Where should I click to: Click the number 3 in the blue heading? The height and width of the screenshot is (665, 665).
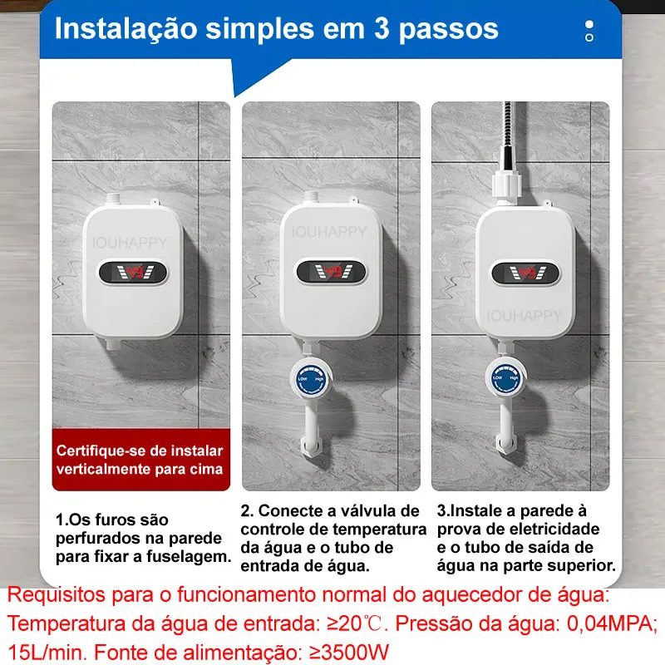382,29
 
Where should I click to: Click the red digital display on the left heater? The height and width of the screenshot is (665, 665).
133,273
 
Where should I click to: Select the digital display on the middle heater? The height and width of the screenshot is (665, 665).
331,272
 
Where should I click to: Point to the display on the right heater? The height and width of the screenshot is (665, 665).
525,273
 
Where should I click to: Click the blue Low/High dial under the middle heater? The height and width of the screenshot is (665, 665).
311,379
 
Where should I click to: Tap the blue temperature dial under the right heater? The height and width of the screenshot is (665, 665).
505,378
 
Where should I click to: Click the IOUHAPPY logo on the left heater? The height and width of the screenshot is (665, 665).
130,243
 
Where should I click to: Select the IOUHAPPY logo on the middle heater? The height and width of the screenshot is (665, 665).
329,232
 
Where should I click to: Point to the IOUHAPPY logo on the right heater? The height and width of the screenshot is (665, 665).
525,316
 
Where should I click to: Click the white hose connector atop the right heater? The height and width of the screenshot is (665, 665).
506,185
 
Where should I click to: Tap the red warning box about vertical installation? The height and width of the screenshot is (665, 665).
141,460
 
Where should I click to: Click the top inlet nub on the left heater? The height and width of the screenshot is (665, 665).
113,199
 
